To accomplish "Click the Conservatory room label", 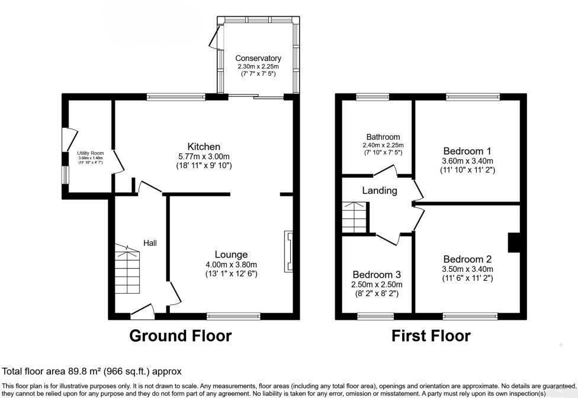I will point(258,58).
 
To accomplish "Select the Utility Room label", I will point(90,153).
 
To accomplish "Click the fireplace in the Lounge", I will point(288,252).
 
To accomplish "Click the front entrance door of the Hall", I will point(142,310).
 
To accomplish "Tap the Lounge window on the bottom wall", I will point(233,316).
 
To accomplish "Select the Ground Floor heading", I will point(181,336).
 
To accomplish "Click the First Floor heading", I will point(431,336).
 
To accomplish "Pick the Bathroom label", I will point(383,137).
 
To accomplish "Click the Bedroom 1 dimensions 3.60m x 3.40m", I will point(467,161).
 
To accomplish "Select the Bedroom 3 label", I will point(377,275).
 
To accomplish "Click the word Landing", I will point(380,191).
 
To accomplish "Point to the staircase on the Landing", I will point(355,217).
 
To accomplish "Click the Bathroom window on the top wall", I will point(373,97).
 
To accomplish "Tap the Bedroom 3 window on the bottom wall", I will point(375,316).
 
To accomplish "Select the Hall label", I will point(150,243).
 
